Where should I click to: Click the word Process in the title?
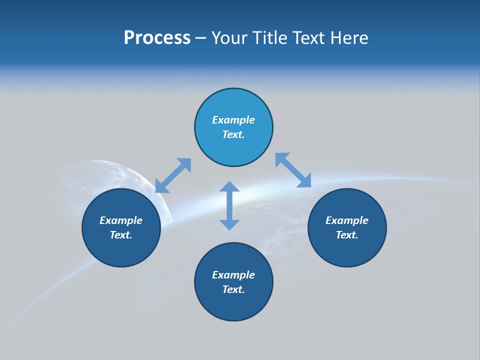pyautogui.click(x=157, y=38)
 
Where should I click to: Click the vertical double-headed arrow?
pyautogui.click(x=229, y=205)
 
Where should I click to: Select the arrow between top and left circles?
pyautogui.click(x=173, y=175)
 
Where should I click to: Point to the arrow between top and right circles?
pyautogui.click(x=293, y=170)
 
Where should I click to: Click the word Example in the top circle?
pyautogui.click(x=233, y=120)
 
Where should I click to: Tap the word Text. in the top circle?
pyautogui.click(x=233, y=134)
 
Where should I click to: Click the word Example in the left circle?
pyautogui.click(x=121, y=220)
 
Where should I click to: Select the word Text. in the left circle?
pyautogui.click(x=121, y=235)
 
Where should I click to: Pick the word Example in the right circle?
pyautogui.click(x=347, y=220)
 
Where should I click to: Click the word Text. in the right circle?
pyautogui.click(x=347, y=235)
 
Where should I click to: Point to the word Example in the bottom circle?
pyautogui.click(x=233, y=275)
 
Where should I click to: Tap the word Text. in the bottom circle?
pyautogui.click(x=233, y=289)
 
